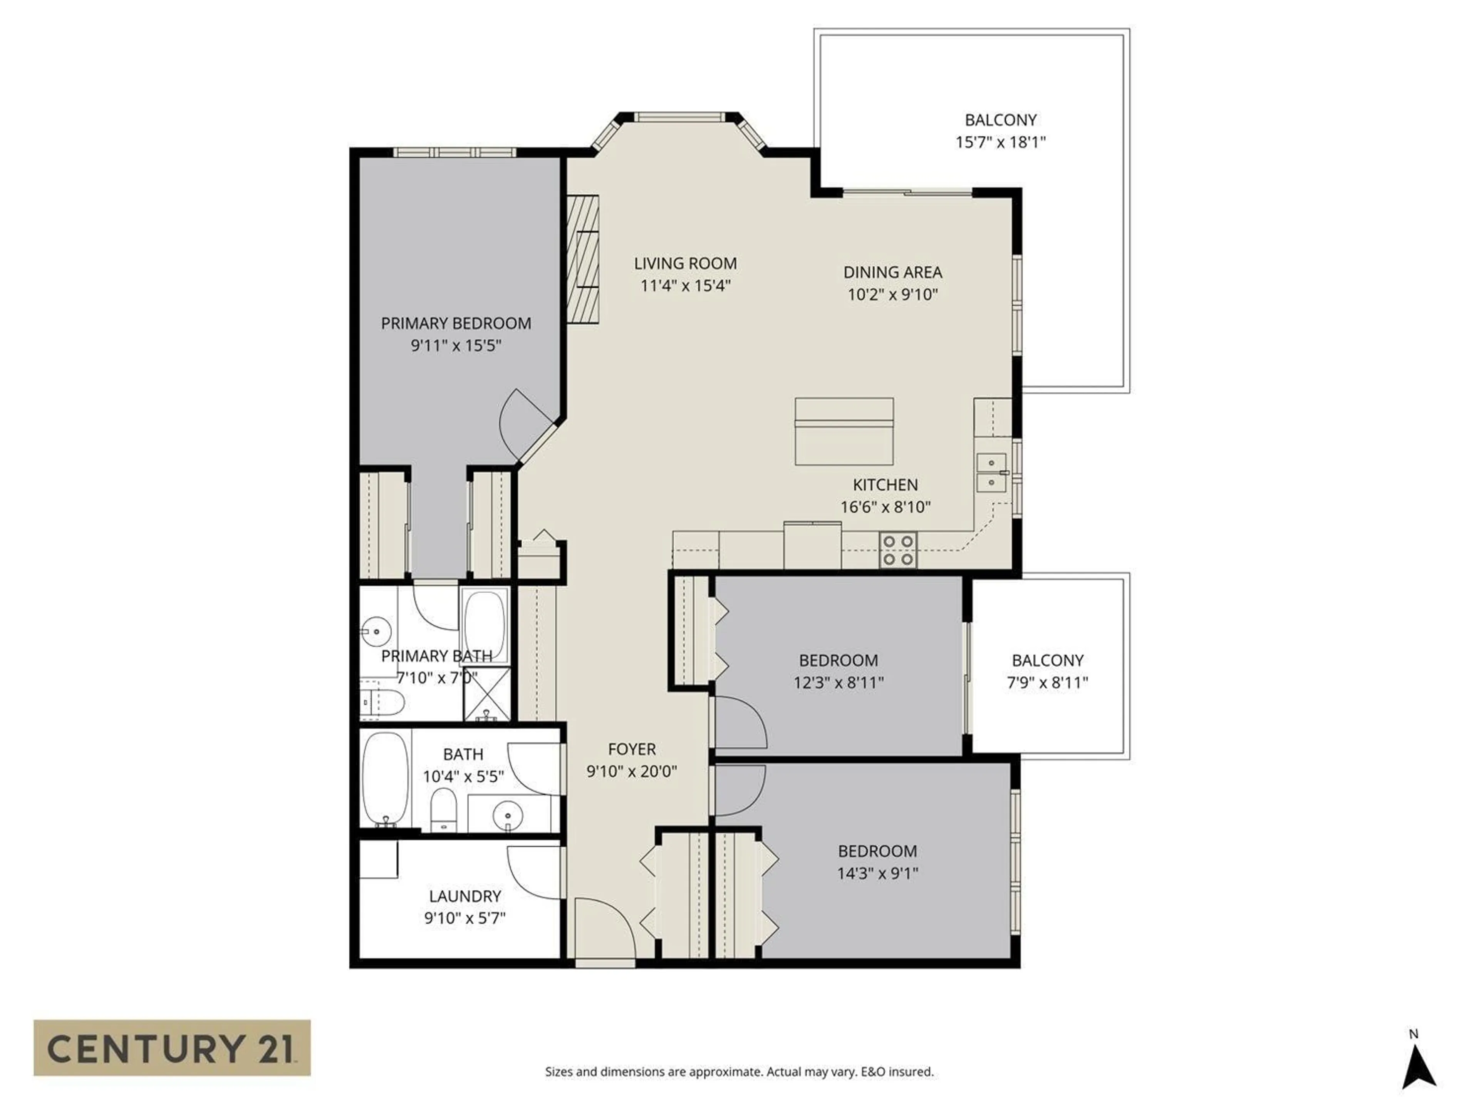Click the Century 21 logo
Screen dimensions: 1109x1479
172,1047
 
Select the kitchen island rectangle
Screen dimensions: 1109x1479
844,431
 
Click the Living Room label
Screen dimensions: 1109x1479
685,263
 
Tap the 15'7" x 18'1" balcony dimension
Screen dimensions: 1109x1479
1000,142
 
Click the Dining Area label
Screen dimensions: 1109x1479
893,272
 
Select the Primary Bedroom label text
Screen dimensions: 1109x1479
456,323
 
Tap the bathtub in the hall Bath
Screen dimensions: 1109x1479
386,779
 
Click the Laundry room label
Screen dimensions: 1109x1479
465,896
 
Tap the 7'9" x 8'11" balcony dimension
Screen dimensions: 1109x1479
1047,682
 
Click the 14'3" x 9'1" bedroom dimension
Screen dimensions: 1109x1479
877,873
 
